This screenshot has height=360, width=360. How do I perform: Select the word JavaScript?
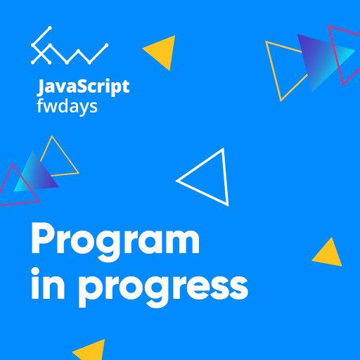pyautogui.click(x=84, y=87)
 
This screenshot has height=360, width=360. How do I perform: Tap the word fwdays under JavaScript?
pyautogui.click(x=67, y=107)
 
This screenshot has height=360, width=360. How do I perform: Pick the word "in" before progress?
pyautogui.click(x=48, y=284)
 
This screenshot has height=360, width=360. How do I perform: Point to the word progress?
pyautogui.click(x=163, y=290)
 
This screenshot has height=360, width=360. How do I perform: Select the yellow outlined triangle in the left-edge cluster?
pyautogui.click(x=68, y=160)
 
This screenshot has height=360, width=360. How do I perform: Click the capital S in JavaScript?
pyautogui.click(x=78, y=86)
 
